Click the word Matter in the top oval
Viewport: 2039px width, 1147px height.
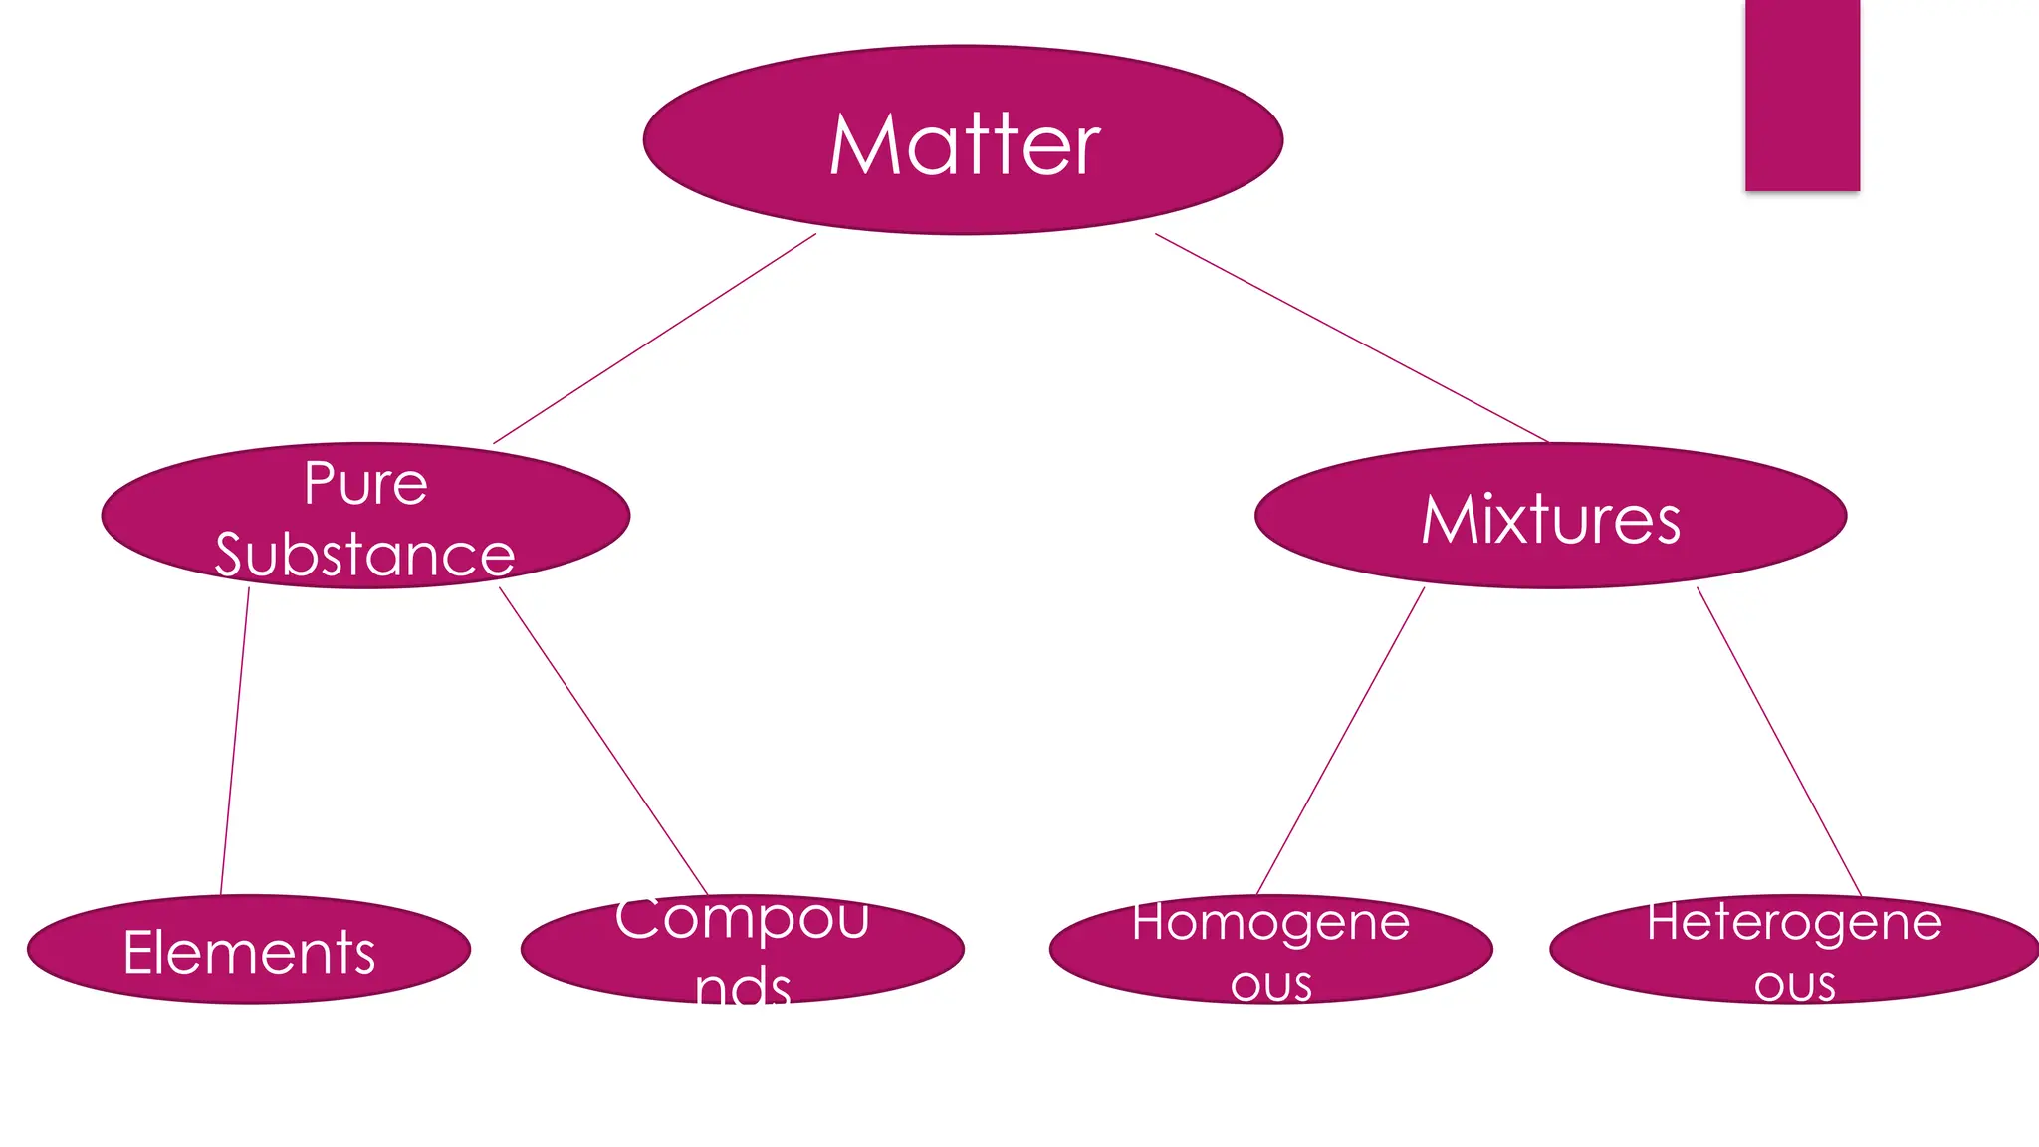[964, 145]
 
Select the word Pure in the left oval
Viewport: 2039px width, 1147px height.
[365, 485]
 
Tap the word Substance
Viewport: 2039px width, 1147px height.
[364, 555]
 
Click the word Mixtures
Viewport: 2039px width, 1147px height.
[1550, 520]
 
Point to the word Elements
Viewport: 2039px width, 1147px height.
[249, 953]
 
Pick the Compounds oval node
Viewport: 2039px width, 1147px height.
[742, 949]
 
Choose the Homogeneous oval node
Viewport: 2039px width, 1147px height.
[1270, 949]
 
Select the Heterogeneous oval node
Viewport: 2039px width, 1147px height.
[1794, 949]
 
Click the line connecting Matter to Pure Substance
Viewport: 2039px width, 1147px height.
[655, 339]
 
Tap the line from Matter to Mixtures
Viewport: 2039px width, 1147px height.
[1351, 338]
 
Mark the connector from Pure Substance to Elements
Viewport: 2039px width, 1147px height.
[235, 741]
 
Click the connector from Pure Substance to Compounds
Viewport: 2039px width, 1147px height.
[603, 741]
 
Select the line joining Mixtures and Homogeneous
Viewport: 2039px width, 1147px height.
[1341, 741]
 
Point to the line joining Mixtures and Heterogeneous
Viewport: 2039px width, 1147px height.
[1779, 741]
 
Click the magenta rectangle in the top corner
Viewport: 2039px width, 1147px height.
[1802, 95]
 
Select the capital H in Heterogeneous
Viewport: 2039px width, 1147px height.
[1664, 921]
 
